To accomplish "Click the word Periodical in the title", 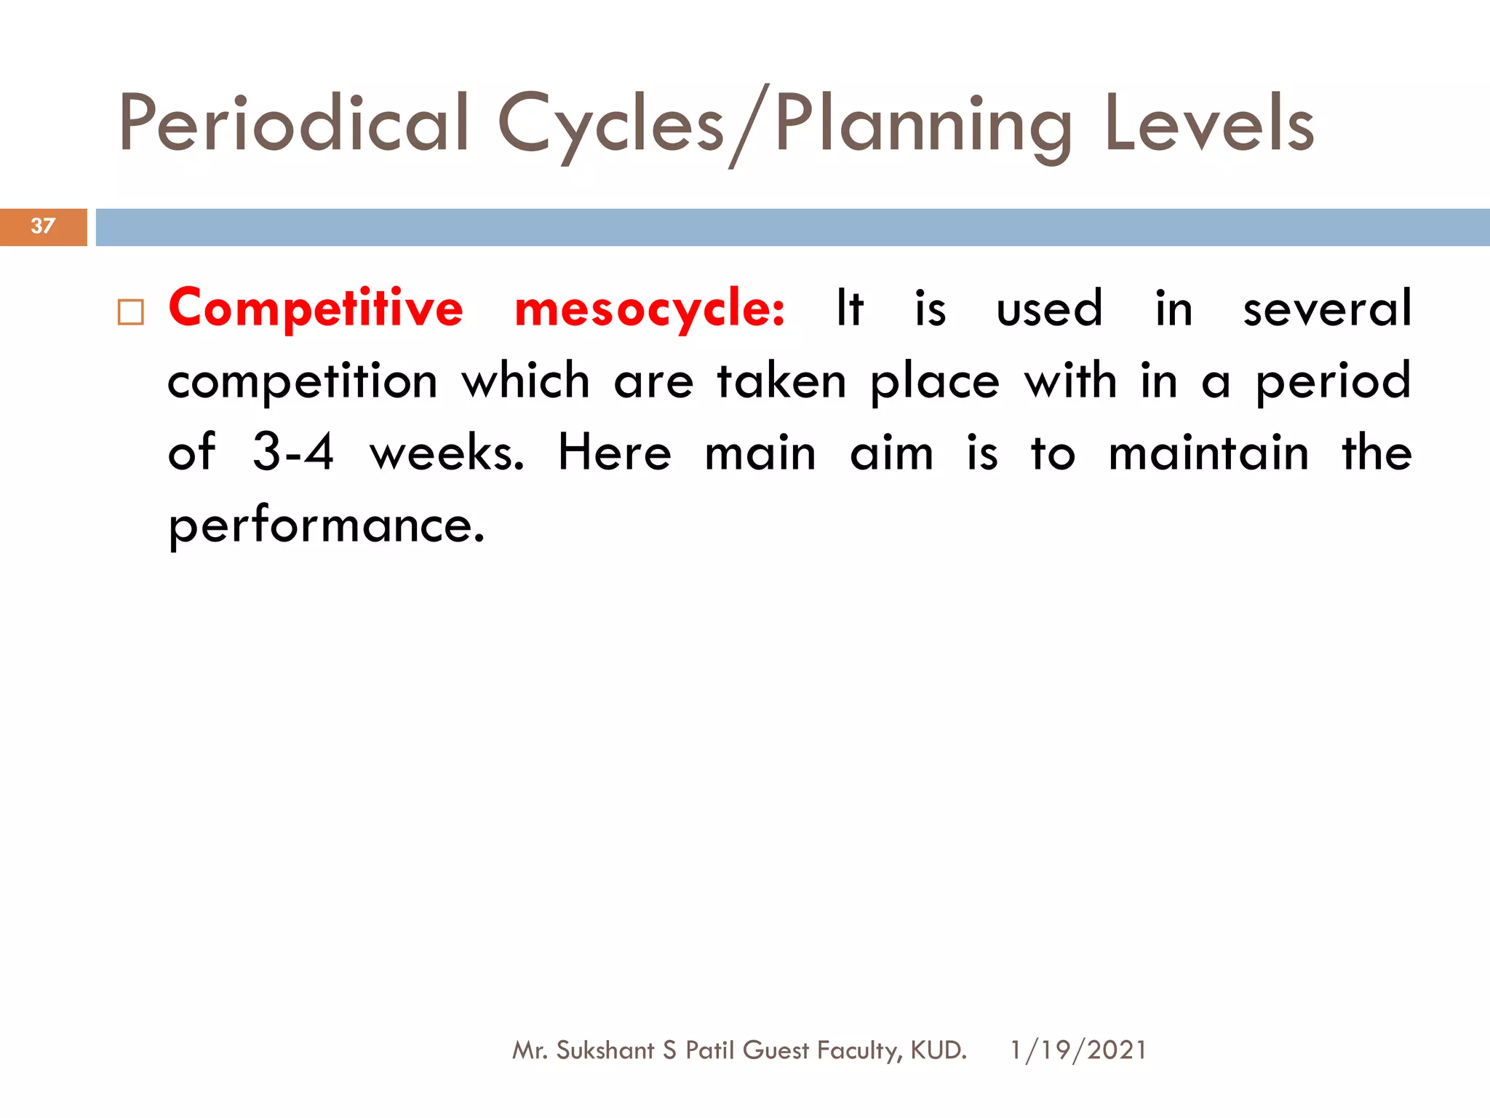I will [294, 124].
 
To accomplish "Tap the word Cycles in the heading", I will [611, 124].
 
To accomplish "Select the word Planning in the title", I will [923, 124].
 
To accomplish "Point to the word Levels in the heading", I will [1209, 124].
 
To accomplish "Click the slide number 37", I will [43, 226].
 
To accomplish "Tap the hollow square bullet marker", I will [131, 312].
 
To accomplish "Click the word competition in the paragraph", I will [303, 381].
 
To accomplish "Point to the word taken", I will [781, 380].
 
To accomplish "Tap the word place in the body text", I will [935, 381].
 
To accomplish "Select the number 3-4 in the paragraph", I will [293, 452].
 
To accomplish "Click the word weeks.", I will [447, 452].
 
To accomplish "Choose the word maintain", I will [1208, 452].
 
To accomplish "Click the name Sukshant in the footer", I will [605, 1050].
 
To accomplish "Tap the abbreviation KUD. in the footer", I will [939, 1050].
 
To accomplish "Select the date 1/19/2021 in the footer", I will [1078, 1050].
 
